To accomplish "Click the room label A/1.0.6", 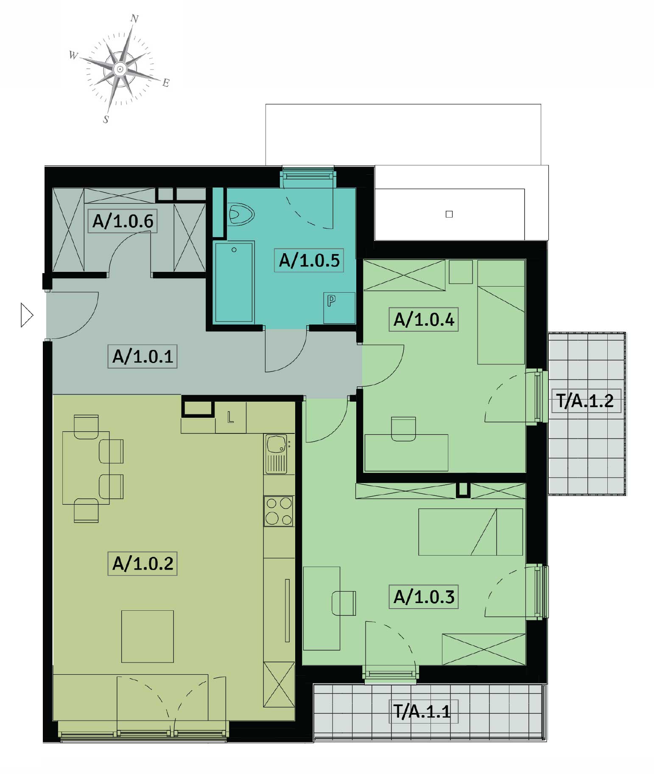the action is tap(123, 221).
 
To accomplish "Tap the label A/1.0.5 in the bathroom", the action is tap(309, 260).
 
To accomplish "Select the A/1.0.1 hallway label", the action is tap(143, 356).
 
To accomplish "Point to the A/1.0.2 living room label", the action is tap(143, 564).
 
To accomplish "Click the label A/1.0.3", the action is tap(424, 597).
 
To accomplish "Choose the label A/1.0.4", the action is tap(424, 319).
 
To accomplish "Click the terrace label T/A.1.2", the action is tap(586, 401).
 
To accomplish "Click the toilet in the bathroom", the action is tap(240, 214).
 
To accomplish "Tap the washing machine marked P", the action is tap(339, 308).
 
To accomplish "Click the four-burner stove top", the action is tap(279, 511).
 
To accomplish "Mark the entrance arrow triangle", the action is tap(27, 315).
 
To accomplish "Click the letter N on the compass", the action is tap(134, 19).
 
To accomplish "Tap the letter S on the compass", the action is tap(106, 119).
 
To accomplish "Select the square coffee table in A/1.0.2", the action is tap(148, 636).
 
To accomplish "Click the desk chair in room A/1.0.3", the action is tap(344, 603).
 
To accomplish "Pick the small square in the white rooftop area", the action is tap(449, 214).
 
